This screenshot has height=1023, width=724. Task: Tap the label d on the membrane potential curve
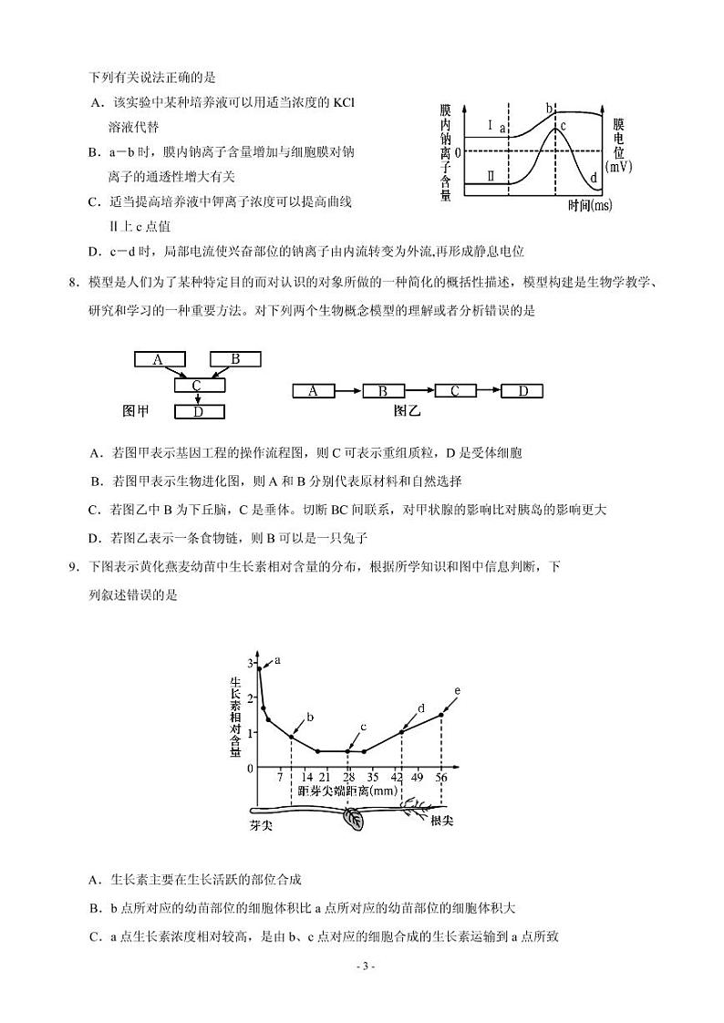pyautogui.click(x=594, y=176)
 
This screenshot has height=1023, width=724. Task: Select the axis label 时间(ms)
pyautogui.click(x=589, y=206)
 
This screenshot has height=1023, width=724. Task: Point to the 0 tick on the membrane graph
pyautogui.click(x=459, y=151)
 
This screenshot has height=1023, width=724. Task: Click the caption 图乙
pyautogui.click(x=408, y=411)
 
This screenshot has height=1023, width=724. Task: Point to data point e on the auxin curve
pyautogui.click(x=441, y=714)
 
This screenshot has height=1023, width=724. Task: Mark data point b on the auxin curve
pyautogui.click(x=292, y=737)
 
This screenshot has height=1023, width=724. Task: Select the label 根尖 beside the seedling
pyautogui.click(x=441, y=821)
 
